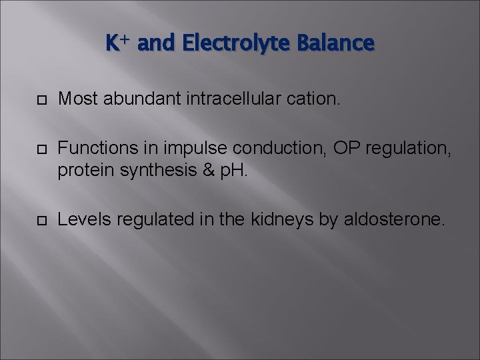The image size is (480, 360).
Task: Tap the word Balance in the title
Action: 340,44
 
